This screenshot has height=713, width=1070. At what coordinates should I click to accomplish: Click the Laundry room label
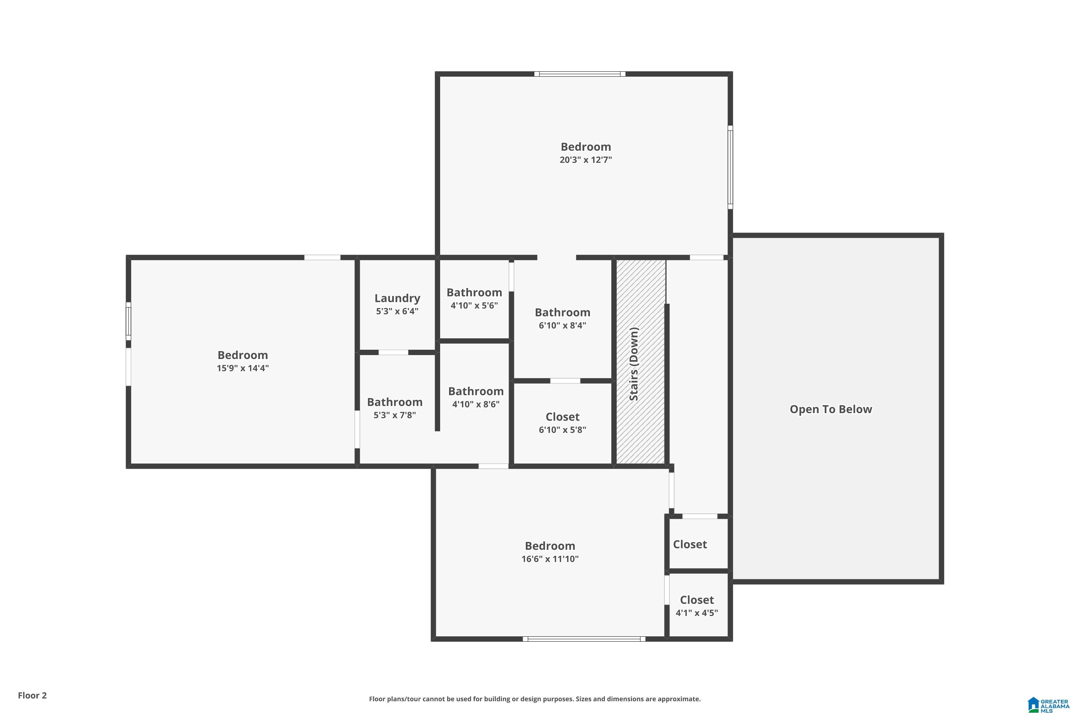click(397, 298)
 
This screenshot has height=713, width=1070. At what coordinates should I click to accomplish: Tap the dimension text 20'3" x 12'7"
click(586, 160)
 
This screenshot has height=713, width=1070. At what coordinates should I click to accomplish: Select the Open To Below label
click(831, 409)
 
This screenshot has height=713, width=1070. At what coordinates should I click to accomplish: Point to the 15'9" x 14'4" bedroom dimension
click(243, 368)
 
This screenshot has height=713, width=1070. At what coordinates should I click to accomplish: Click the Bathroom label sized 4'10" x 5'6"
click(474, 292)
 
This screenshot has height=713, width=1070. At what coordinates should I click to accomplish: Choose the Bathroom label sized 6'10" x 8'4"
click(562, 312)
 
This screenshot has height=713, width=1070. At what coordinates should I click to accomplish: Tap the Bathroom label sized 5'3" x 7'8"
click(394, 402)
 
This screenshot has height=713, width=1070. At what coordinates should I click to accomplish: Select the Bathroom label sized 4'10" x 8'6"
click(475, 391)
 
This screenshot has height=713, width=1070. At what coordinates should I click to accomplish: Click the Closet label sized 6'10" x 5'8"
click(562, 417)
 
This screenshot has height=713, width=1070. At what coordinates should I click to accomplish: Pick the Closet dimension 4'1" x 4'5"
click(697, 613)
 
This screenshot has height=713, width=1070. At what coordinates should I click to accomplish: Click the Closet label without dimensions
click(690, 544)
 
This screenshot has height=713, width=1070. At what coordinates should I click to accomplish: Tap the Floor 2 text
click(32, 695)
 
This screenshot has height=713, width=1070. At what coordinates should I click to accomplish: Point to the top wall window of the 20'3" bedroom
click(579, 74)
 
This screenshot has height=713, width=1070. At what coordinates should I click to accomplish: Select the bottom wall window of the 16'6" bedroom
click(584, 639)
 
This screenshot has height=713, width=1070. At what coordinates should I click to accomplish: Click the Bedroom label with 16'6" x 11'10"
click(550, 546)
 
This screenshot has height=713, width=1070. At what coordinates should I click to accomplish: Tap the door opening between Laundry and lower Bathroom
click(393, 353)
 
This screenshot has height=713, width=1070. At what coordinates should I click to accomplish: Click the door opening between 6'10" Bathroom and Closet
click(565, 381)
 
